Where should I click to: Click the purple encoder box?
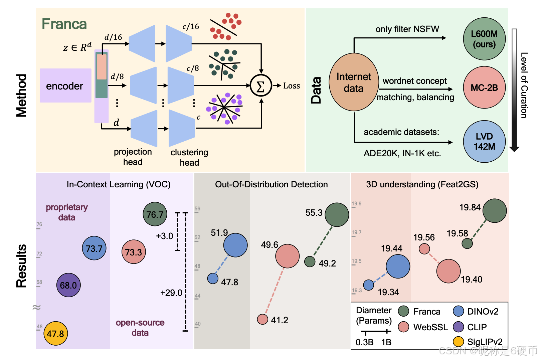[65, 85]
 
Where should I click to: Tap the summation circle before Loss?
[261, 86]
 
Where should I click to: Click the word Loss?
[292, 86]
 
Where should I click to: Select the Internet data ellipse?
[354, 82]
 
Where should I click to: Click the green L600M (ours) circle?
[484, 39]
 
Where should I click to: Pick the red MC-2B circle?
[484, 87]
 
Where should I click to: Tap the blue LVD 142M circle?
[484, 142]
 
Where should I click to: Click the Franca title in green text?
[64, 24]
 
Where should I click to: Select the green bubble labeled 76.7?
[155, 214]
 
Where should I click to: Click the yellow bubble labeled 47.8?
[55, 333]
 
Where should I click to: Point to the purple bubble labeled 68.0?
[68, 285]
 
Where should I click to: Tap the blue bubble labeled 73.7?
[94, 248]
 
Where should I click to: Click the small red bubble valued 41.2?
[262, 319]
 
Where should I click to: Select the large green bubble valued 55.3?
[337, 215]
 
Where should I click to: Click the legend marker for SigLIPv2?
[459, 342]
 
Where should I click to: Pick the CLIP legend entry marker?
[459, 327]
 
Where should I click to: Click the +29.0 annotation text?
[171, 293]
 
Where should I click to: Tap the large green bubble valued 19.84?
[495, 211]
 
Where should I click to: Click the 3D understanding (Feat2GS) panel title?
[422, 184]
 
